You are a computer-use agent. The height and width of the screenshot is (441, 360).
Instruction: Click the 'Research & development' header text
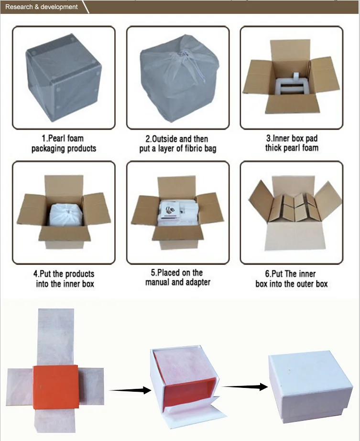(41, 7)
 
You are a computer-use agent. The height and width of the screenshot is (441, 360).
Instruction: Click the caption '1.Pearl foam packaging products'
(64, 143)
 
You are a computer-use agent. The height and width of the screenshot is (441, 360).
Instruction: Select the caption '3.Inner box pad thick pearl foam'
(292, 143)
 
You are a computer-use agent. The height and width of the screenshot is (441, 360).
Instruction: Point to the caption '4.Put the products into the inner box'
(64, 279)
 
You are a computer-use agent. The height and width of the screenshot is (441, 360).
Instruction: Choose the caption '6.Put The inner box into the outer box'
(292, 279)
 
